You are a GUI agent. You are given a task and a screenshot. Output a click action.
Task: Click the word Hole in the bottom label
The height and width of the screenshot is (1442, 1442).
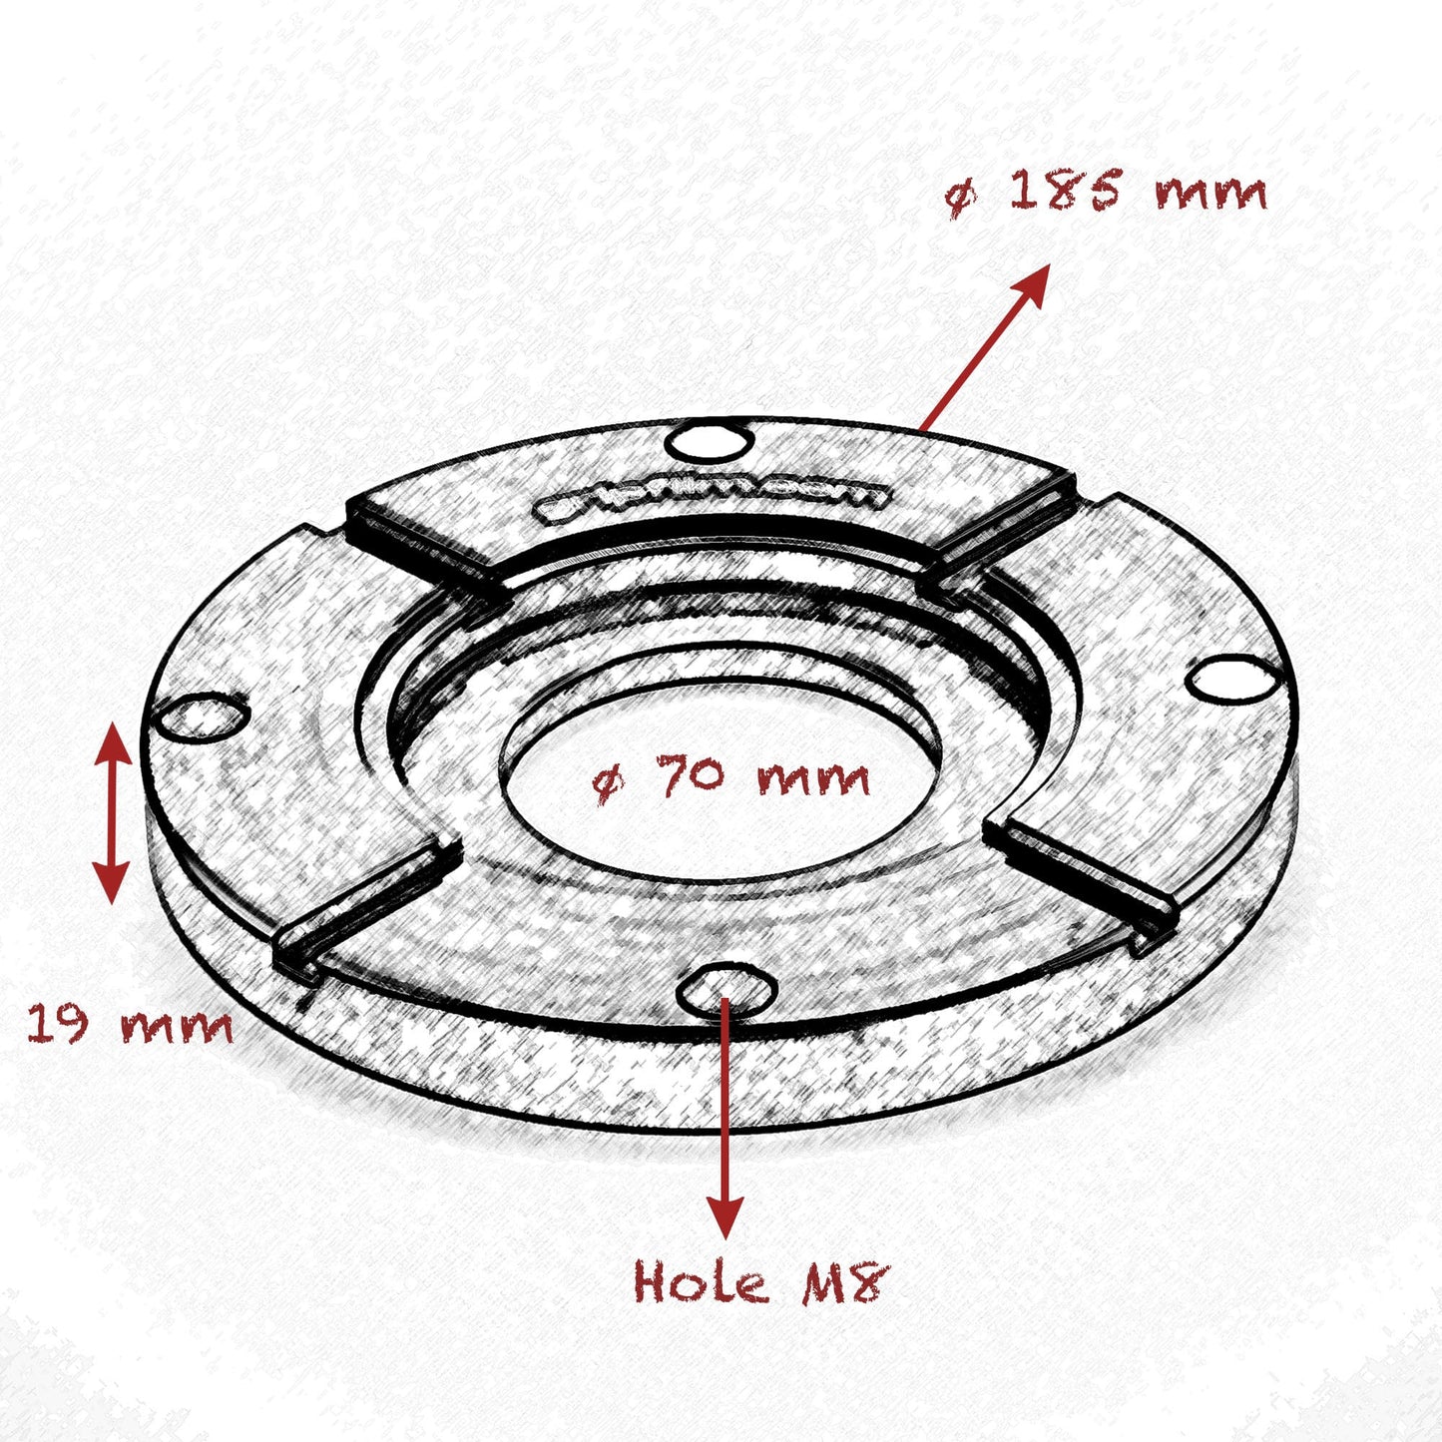pyautogui.click(x=701, y=1281)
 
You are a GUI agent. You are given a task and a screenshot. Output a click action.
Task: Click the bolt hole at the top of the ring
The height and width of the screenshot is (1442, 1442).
pyautogui.click(x=711, y=440)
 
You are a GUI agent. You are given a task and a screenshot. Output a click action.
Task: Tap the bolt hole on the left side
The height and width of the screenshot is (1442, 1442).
pyautogui.click(x=203, y=717)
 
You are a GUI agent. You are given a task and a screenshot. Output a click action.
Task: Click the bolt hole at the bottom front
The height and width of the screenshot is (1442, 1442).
pyautogui.click(x=726, y=990)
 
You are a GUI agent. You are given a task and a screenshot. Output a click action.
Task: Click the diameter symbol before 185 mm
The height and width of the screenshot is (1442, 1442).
pyautogui.click(x=960, y=197)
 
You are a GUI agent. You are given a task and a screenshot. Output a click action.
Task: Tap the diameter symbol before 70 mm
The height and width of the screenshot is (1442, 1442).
pyautogui.click(x=608, y=783)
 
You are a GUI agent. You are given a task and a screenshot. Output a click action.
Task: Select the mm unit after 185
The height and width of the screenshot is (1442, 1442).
pyautogui.click(x=1209, y=193)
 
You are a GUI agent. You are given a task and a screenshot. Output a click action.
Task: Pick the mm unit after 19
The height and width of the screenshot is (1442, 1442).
pyautogui.click(x=177, y=1026)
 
